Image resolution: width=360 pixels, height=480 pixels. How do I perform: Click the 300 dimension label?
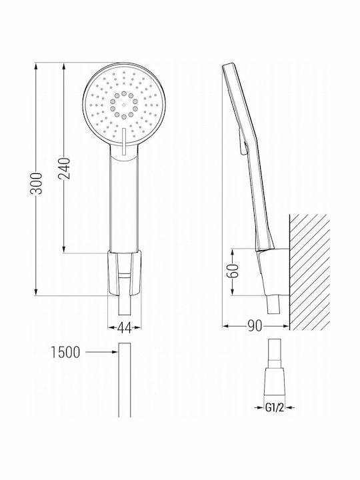(x=37, y=183)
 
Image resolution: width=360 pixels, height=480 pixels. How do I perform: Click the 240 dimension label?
(x=64, y=169)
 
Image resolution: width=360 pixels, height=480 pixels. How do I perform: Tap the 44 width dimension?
(x=124, y=328)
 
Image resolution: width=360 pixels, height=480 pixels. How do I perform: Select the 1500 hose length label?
(x=65, y=352)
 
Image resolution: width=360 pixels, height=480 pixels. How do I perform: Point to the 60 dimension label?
(x=234, y=271)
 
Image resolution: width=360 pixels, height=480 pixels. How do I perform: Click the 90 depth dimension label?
(x=255, y=326)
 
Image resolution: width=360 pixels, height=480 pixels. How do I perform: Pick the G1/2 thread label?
(x=275, y=407)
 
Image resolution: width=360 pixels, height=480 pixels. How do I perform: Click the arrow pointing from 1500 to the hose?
(x=101, y=352)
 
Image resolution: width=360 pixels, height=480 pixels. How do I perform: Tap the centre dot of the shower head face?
(x=124, y=105)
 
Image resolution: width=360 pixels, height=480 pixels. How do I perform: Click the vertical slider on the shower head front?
(x=124, y=141)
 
